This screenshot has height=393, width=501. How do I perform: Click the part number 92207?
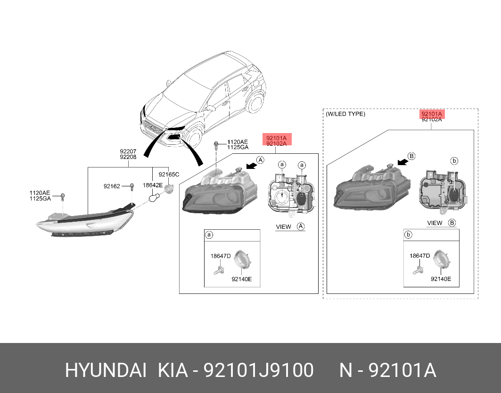click(128, 151)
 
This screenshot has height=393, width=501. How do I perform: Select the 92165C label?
click(169, 174)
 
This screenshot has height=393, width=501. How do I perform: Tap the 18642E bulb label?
click(153, 185)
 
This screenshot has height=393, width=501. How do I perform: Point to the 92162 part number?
click(112, 186)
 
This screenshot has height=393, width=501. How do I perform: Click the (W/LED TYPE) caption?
click(345, 114)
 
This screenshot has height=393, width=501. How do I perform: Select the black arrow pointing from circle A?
click(252, 165)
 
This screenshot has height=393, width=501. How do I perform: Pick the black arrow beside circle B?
click(402, 162)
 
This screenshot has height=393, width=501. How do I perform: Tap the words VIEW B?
click(441, 223)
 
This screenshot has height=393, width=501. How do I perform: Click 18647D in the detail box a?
click(221, 256)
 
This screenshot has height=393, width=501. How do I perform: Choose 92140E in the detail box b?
click(441, 279)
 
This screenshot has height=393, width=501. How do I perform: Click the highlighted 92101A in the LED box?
click(432, 114)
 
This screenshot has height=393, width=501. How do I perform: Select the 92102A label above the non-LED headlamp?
click(277, 143)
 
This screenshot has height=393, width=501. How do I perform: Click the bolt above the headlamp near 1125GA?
click(216, 145)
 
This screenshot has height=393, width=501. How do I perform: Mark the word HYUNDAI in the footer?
click(106, 371)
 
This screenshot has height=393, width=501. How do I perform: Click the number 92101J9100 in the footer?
click(259, 371)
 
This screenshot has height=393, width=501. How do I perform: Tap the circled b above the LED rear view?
click(454, 161)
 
